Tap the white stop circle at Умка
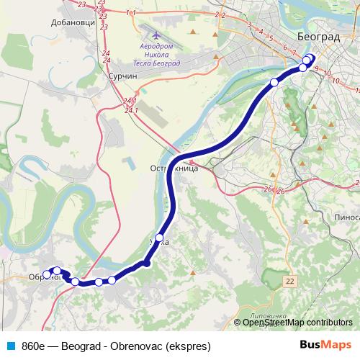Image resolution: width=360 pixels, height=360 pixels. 160,237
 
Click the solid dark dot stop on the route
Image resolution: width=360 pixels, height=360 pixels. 147,264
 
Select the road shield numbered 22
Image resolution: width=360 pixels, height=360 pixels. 289,279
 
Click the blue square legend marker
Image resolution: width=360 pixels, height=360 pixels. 11,345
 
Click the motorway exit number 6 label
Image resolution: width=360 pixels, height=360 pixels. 285,48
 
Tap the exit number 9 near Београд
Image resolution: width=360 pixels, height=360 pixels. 316,68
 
